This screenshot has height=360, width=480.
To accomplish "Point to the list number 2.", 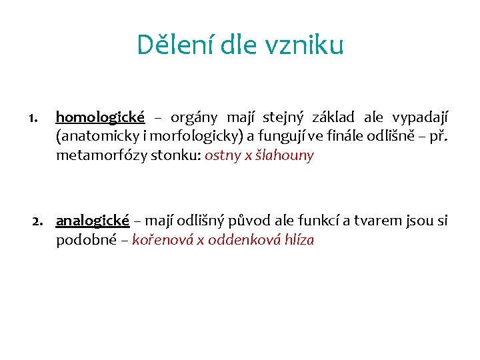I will (x=37, y=221).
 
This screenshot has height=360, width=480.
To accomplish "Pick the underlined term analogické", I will (x=93, y=221).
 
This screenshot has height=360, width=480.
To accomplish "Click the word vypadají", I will (x=419, y=117).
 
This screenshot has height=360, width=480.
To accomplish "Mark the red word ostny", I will (x=223, y=157).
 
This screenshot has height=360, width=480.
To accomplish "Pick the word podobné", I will (x=85, y=240).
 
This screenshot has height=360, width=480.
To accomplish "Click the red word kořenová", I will (x=160, y=240).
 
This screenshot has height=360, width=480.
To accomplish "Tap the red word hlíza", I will (x=297, y=240).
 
